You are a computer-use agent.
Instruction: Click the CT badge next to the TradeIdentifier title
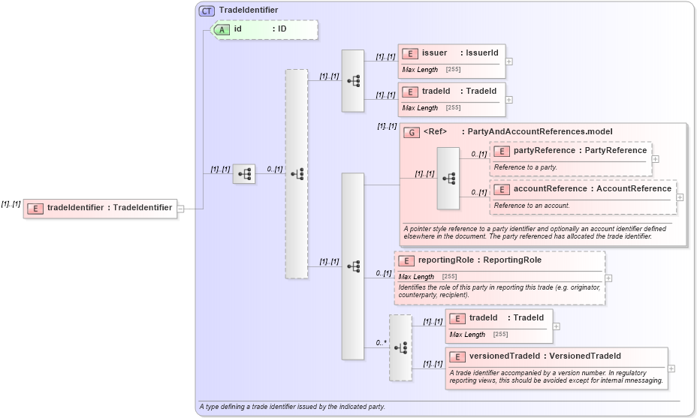point(207,11)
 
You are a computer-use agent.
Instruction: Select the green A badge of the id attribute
point(222,29)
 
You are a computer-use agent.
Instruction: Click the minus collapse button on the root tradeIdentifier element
point(181,208)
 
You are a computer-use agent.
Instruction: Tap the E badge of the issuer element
point(410,53)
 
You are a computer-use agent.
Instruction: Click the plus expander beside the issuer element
point(509,62)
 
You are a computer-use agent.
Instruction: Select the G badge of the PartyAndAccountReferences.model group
point(412,132)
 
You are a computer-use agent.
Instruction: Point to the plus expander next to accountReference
point(680,197)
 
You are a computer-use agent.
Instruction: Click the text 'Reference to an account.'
point(531,206)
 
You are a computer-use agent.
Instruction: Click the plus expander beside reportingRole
point(608,278)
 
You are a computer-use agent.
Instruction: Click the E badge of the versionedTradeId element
point(457,356)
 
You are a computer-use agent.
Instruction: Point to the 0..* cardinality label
point(381,343)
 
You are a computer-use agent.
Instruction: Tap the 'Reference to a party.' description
point(526,167)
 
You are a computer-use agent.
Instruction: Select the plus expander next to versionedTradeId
point(671,368)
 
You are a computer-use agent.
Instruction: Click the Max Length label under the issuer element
point(420,70)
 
